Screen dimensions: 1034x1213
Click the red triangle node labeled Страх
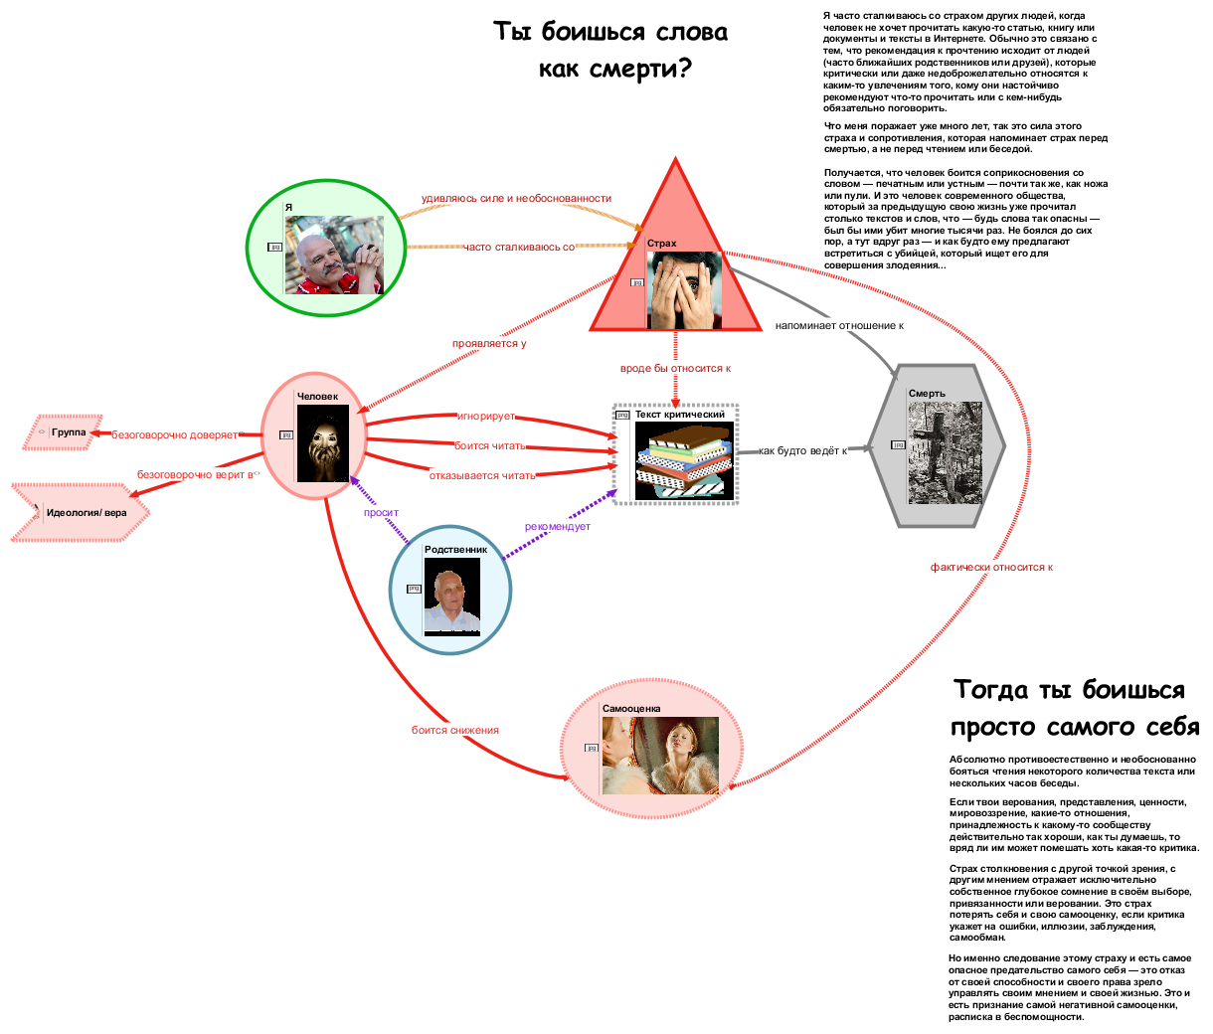[675, 268]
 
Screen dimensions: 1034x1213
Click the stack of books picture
[684, 460]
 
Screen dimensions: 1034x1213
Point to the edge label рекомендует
[558, 526]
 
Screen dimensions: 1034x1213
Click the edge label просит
[381, 513]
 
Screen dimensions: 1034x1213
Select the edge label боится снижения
[455, 730]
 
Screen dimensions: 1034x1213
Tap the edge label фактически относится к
[991, 567]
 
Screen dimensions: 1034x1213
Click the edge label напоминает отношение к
[839, 325]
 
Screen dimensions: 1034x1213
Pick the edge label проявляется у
[489, 343]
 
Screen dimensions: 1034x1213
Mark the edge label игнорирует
[486, 416]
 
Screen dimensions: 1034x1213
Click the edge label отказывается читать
[482, 475]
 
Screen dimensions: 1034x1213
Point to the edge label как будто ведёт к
[803, 450]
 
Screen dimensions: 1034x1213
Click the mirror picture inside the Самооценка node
[660, 755]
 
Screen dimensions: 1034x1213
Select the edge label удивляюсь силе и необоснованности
[516, 198]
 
